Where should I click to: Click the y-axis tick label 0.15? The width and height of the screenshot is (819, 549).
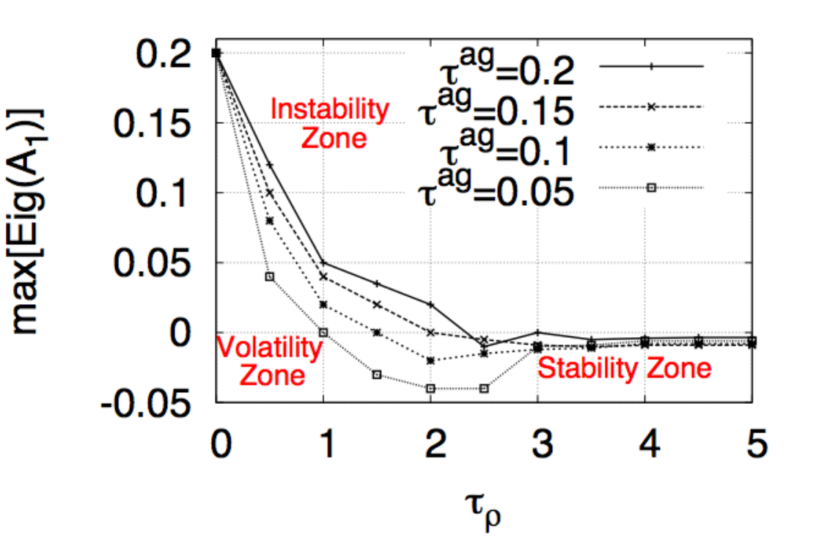tap(152, 124)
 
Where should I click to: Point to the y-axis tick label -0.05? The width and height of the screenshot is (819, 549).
tap(146, 403)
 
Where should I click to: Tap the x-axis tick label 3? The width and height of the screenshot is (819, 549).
tap(542, 443)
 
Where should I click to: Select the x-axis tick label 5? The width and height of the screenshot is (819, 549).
tap(757, 443)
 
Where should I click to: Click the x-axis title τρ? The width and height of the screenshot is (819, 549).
tap(482, 512)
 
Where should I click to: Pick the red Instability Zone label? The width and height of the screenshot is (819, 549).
tap(330, 124)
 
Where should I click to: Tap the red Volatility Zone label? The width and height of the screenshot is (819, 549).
tap(270, 361)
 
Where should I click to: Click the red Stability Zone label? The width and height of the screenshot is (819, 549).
tap(625, 368)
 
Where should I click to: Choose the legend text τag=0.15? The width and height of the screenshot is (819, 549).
tap(496, 108)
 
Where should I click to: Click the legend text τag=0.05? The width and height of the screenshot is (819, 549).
tap(496, 188)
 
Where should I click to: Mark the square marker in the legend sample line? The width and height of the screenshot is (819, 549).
tap(651, 188)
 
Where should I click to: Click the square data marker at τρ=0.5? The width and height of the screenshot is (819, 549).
tap(270, 277)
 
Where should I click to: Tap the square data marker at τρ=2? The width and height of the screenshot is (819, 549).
tap(430, 388)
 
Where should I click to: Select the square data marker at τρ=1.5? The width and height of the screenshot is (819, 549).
tap(377, 375)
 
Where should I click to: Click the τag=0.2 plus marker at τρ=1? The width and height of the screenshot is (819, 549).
tap(323, 262)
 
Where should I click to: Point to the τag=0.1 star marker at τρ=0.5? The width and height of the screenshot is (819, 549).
tap(270, 221)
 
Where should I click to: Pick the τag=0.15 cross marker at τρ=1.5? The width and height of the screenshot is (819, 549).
tap(377, 304)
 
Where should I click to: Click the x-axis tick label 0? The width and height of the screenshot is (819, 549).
tap(221, 443)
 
